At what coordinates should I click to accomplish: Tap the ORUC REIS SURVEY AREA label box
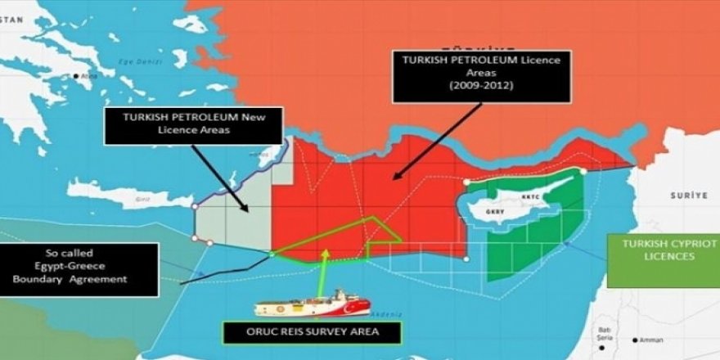(x=313, y=333)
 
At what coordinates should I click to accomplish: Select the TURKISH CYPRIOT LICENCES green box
(x=664, y=250)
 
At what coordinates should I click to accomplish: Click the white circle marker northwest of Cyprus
(x=466, y=182)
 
